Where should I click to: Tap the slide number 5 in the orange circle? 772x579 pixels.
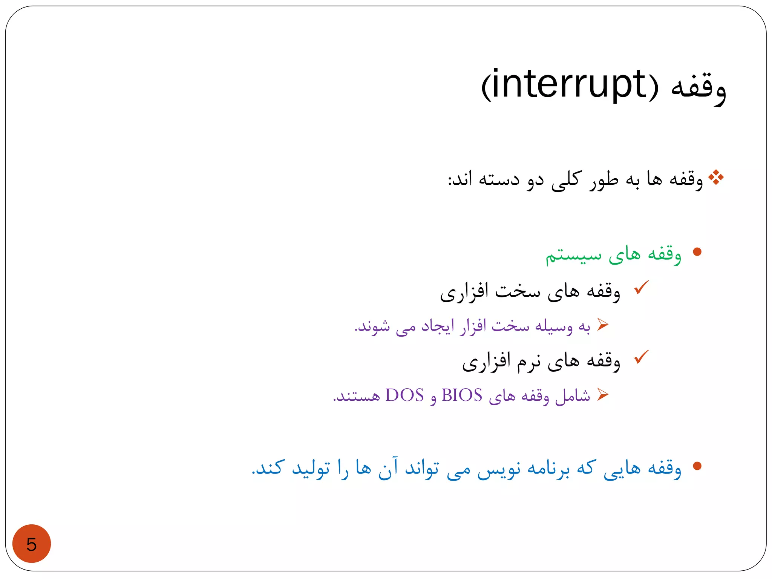[31, 544]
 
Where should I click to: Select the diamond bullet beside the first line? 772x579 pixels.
[716, 178]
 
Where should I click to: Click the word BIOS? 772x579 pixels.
[462, 395]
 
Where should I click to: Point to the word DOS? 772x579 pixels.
[404, 395]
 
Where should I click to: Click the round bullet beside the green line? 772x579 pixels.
[697, 252]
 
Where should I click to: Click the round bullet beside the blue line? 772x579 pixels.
[697, 466]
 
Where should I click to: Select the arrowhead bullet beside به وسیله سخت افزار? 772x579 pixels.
[603, 324]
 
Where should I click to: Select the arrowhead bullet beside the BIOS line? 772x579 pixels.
[603, 394]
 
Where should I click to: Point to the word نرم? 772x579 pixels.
[528, 362]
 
